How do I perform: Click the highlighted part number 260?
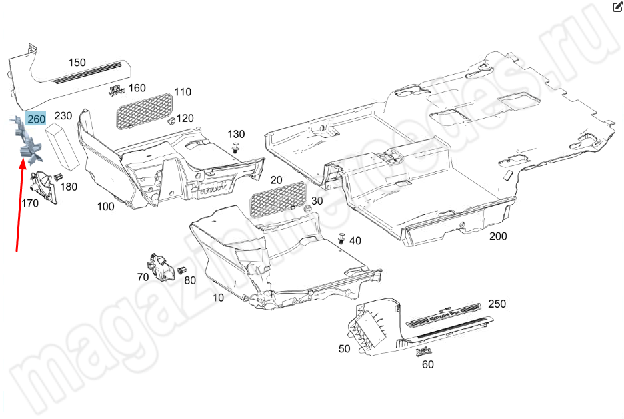[x=36, y=119]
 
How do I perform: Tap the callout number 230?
[x=63, y=116]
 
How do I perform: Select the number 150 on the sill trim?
[x=77, y=63]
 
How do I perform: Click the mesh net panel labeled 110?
[x=144, y=110]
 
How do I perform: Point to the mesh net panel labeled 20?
[x=278, y=199]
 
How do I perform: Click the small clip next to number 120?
[x=172, y=121]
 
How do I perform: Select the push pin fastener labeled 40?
[x=342, y=238]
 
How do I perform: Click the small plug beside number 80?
[x=181, y=270]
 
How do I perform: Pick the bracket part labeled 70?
[x=160, y=266]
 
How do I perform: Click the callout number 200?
[x=498, y=236]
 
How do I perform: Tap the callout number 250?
[x=497, y=304]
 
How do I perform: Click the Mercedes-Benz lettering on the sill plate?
[x=444, y=314]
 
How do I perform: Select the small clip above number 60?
[x=424, y=352]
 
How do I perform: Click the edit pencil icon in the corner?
[x=617, y=7]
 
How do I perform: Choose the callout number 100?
[x=105, y=206]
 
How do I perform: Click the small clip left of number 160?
[x=115, y=91]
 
